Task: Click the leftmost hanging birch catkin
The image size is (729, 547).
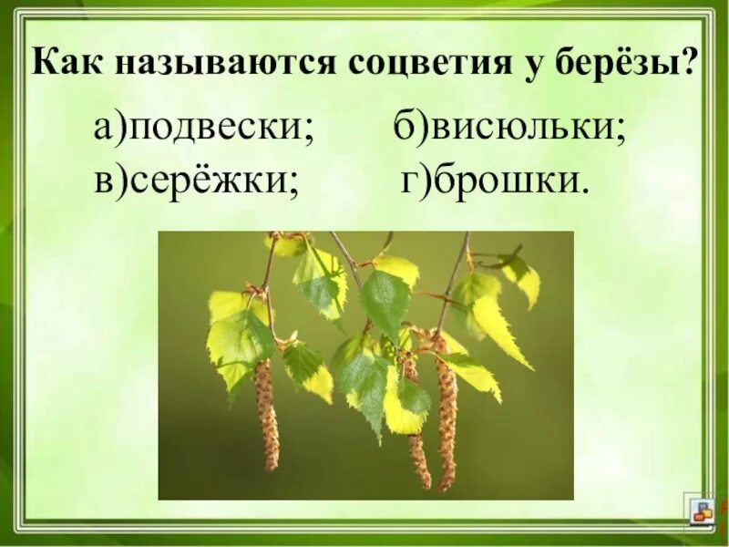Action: coord(267,415)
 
